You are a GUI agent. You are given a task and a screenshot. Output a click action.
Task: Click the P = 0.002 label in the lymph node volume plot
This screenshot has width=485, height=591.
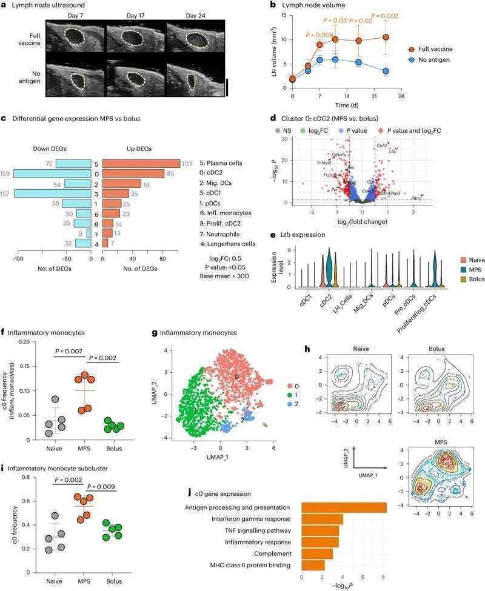(x=385, y=16)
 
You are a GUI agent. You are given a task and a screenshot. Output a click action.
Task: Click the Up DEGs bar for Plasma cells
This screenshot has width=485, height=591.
(x=141, y=164)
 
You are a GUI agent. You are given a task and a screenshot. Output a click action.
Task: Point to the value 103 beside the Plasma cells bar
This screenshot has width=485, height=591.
(x=187, y=164)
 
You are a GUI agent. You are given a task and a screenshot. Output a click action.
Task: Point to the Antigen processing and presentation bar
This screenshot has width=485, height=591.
(x=344, y=507)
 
